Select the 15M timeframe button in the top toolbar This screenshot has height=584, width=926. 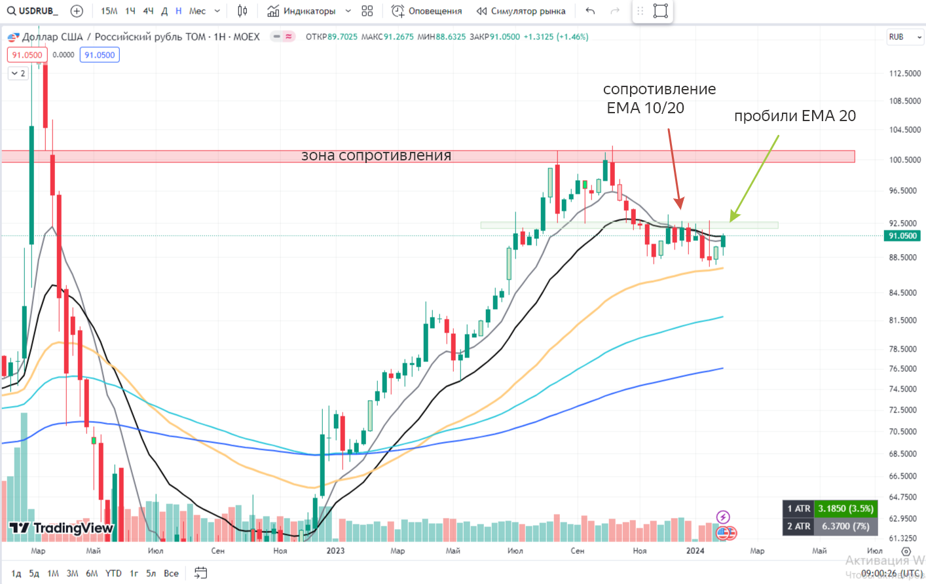coord(109,11)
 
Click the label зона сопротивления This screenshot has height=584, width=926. coord(376,156)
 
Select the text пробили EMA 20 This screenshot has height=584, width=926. coord(794,116)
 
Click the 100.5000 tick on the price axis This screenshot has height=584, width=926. coord(904,160)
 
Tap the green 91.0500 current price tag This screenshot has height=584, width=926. coord(902,236)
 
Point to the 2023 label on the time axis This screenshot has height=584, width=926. coord(335,551)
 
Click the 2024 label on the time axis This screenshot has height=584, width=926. coord(695,551)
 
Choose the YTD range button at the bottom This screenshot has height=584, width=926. coord(113,574)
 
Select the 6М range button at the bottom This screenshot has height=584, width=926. coord(92,574)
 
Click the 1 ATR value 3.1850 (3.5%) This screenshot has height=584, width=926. coord(845,509)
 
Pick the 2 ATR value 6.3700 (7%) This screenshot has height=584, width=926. coord(845,526)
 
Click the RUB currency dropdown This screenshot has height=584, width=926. coord(905,37)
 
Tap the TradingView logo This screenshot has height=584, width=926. coord(62,528)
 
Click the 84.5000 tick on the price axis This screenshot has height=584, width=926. coord(904,293)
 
